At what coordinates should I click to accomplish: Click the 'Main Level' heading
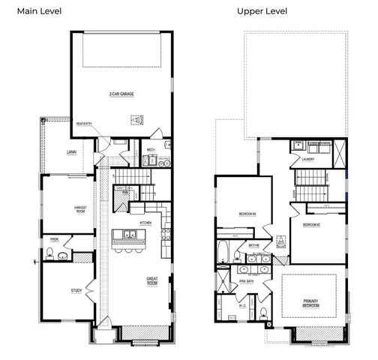[40, 11]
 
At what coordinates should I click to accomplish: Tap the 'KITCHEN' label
[145, 223]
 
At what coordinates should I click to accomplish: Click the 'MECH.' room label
[151, 149]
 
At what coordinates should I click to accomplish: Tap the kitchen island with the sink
[129, 238]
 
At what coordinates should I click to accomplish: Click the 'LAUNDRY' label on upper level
[308, 159]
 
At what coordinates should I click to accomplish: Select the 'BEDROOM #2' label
[313, 225]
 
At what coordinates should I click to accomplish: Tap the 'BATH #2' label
[254, 245]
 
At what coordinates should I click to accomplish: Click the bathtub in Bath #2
[223, 250]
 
